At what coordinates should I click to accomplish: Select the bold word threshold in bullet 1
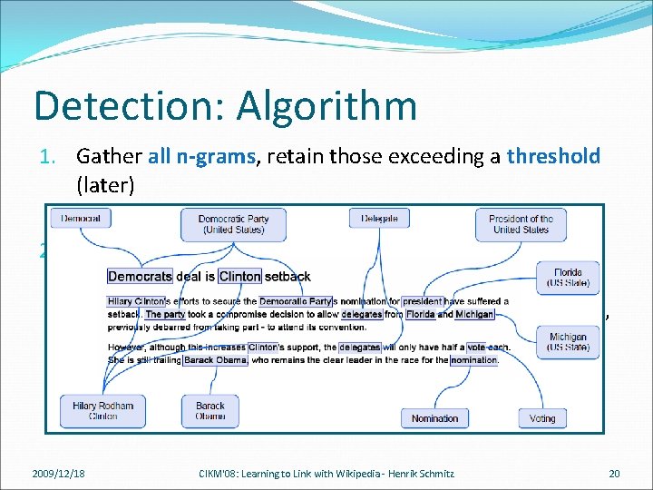click(553, 156)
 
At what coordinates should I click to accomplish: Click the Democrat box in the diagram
click(81, 219)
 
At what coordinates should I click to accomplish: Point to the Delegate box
click(379, 219)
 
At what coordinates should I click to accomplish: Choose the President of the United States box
click(521, 224)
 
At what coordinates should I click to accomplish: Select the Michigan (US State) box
click(568, 342)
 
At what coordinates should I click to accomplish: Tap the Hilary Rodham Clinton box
click(102, 411)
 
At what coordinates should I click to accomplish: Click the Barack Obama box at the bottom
click(210, 411)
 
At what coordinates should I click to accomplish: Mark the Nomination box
click(434, 418)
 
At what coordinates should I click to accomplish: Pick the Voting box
click(542, 418)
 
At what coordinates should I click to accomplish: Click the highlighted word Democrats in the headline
click(140, 276)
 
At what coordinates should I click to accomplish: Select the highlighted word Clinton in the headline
click(239, 276)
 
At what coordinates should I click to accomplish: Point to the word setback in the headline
click(288, 276)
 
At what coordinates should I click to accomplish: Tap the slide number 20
click(614, 473)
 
